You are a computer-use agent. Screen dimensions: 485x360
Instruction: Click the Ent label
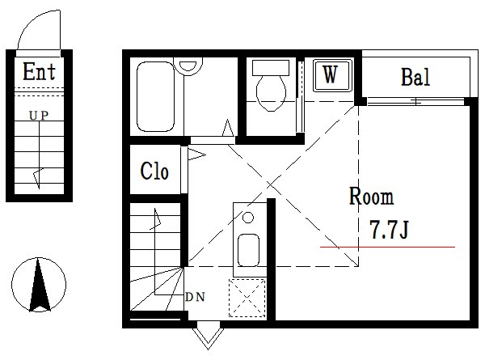39,71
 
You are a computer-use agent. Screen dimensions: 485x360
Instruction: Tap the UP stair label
39,116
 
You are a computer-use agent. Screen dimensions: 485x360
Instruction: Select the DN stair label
195,297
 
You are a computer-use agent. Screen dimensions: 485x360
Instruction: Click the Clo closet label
154,171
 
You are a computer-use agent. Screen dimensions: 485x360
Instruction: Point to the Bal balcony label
415,77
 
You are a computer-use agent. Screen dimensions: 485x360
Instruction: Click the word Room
372,197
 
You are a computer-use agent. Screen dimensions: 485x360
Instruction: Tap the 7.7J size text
390,230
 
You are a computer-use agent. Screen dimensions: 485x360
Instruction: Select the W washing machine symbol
332,75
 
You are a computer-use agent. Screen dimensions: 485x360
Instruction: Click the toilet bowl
271,93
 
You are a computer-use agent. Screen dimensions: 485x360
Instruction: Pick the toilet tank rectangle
271,68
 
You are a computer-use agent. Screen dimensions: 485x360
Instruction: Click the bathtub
155,96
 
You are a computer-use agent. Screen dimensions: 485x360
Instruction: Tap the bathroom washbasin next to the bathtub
188,65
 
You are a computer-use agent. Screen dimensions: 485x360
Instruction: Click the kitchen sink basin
248,250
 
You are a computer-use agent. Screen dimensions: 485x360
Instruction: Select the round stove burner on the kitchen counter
248,218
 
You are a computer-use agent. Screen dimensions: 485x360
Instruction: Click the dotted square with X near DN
247,298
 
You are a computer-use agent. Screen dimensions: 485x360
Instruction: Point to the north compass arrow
40,285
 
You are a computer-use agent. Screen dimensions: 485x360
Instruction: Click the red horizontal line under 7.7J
387,247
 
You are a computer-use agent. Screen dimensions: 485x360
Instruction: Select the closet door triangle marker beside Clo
196,155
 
